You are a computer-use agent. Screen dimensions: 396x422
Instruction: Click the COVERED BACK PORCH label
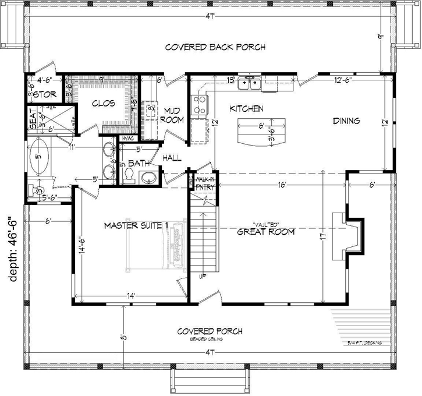pyautogui.click(x=215, y=47)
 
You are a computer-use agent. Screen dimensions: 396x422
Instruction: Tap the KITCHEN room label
pyautogui.click(x=247, y=109)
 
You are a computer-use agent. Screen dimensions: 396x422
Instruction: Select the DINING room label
pyautogui.click(x=346, y=121)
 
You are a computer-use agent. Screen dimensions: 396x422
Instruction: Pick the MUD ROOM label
pyautogui.click(x=173, y=115)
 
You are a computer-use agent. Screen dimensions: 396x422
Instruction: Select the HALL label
pyautogui.click(x=172, y=158)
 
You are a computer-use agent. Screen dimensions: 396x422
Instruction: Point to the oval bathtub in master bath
pyautogui.click(x=39, y=156)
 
